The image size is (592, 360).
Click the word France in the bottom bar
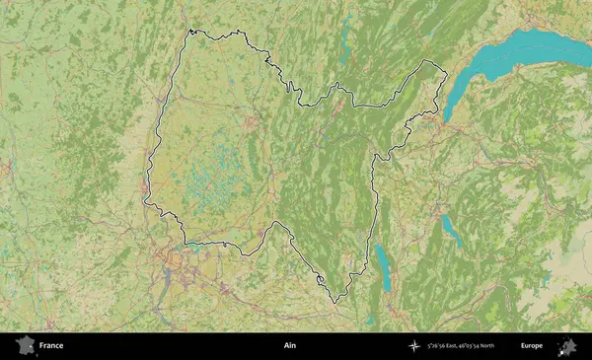coord(51,346)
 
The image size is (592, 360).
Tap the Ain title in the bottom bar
coord(289,346)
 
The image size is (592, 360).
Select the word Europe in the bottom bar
coord(532,346)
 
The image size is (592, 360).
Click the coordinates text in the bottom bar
coord(462,346)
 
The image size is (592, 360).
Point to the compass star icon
coord(414,346)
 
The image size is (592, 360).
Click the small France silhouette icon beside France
coord(25,345)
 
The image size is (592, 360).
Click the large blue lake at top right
coord(523,54)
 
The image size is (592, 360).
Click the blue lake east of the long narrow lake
coord(450,230)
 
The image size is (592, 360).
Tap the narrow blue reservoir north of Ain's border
coord(344,39)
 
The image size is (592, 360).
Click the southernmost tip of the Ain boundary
coord(335,301)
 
